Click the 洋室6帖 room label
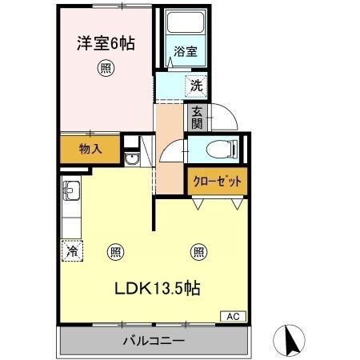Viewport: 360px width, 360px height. point(105,44)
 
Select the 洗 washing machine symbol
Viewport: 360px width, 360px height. point(194,83)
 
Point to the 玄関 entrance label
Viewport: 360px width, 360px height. point(196,118)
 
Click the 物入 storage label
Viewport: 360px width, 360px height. point(90,148)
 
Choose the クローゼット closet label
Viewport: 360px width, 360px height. point(216,181)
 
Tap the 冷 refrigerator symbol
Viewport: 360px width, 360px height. point(72,251)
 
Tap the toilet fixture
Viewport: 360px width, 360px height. point(221,150)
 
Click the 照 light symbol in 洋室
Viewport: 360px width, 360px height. point(105,68)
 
